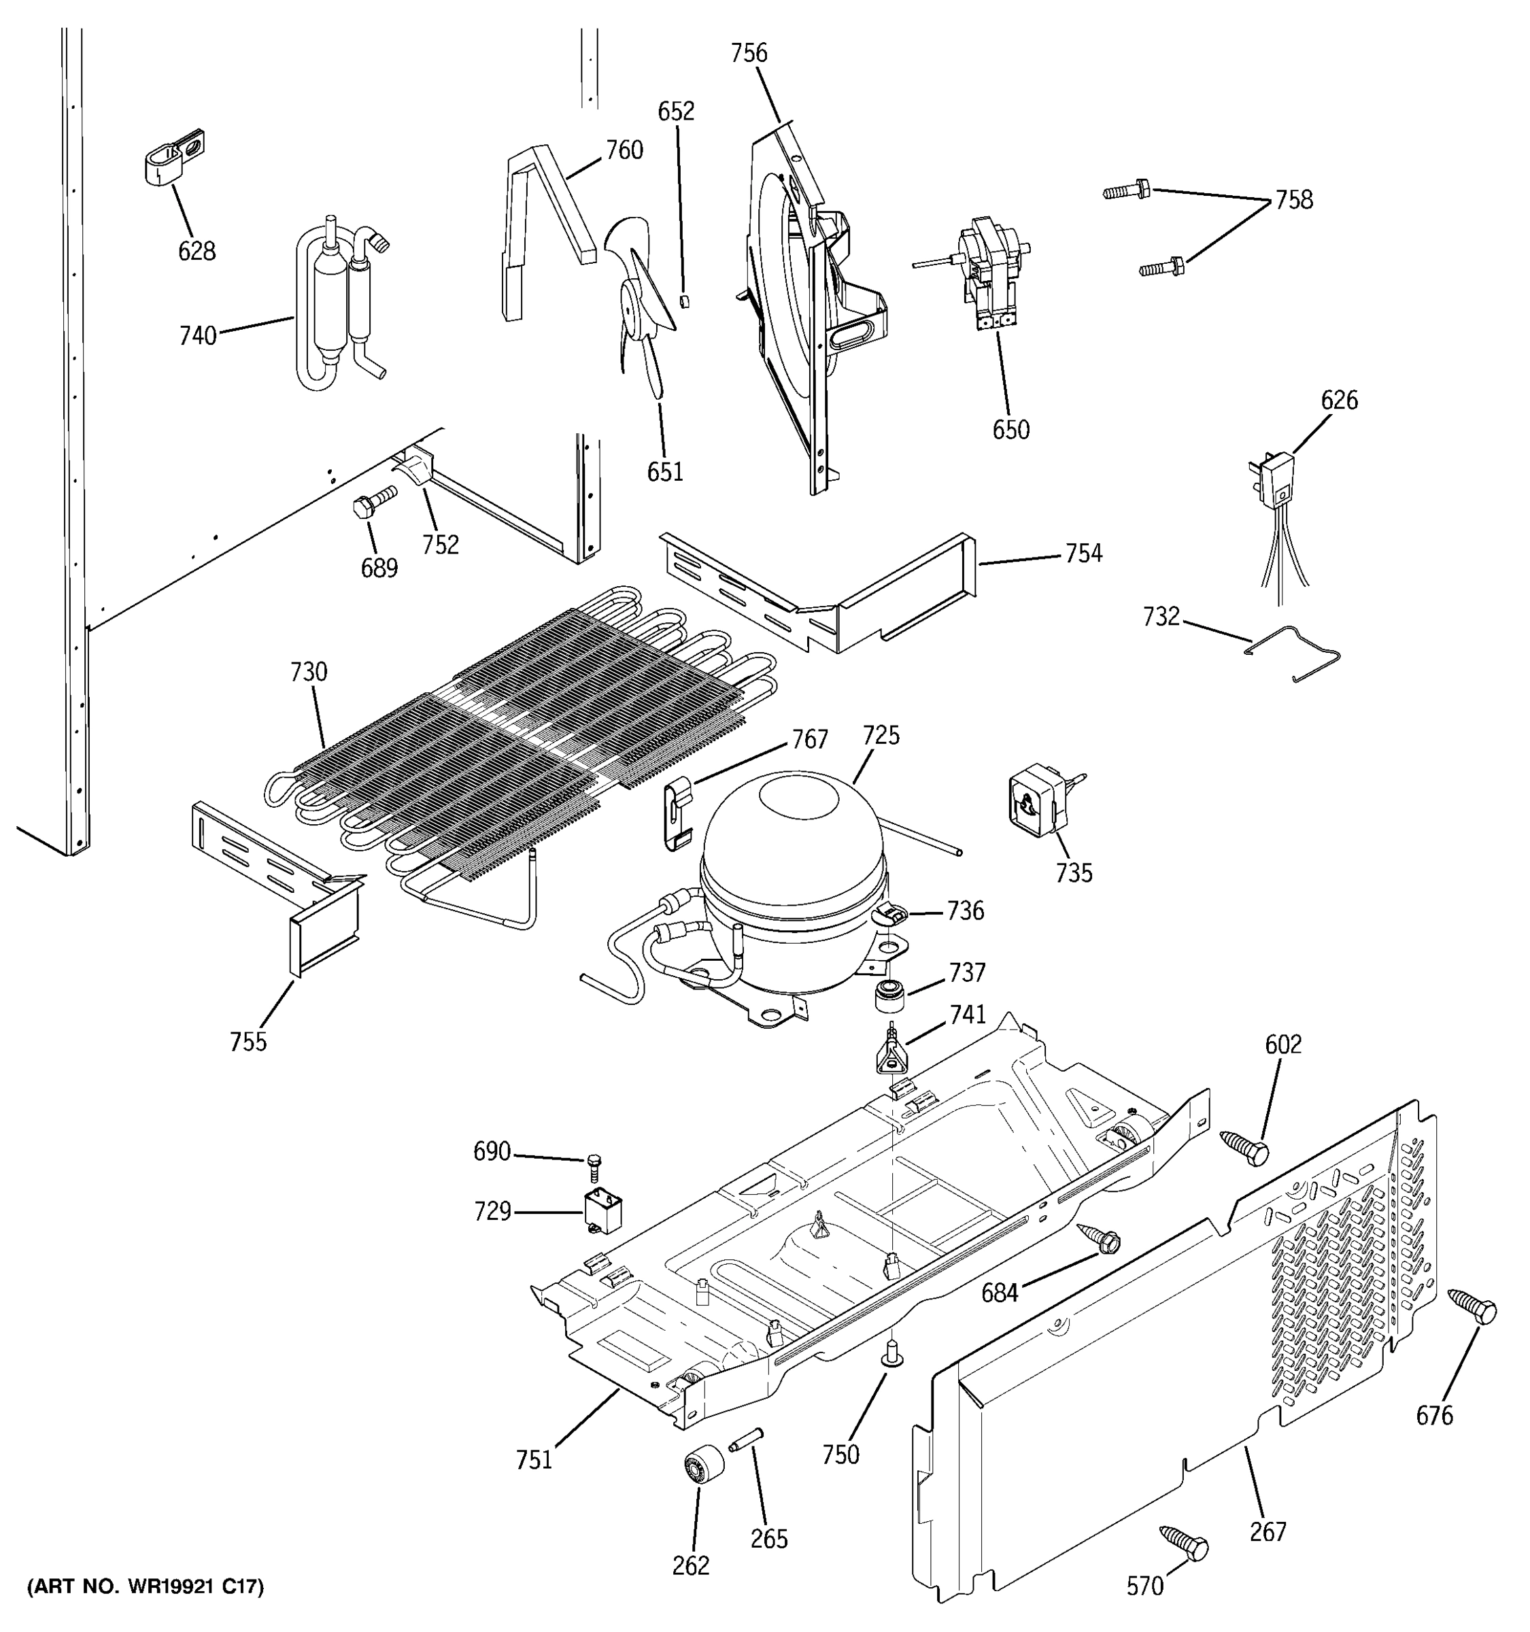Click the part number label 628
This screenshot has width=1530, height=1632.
click(197, 250)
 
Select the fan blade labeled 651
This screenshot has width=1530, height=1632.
click(641, 304)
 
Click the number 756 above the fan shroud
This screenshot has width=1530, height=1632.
click(749, 53)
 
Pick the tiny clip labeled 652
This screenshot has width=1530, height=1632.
click(685, 301)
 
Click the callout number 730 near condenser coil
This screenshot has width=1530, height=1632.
click(309, 673)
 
